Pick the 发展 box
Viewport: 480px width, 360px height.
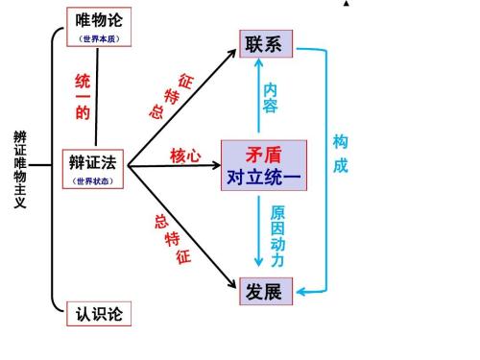(x=266, y=291)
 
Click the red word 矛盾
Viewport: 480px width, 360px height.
(x=263, y=154)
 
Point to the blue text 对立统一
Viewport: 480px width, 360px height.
(x=264, y=178)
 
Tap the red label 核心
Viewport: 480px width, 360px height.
(x=185, y=156)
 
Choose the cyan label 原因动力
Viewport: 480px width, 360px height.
(x=277, y=235)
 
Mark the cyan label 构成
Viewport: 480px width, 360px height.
(x=340, y=154)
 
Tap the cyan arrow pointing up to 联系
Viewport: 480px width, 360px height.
(x=256, y=96)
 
